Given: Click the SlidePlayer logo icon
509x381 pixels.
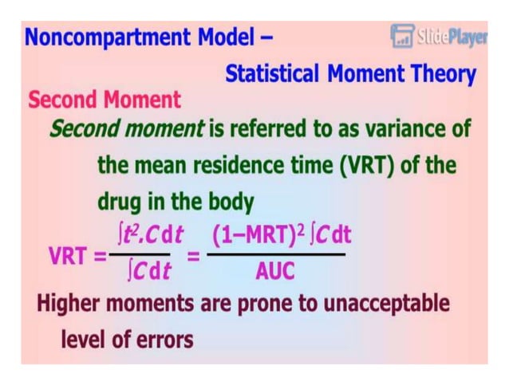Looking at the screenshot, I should pyautogui.click(x=401, y=35).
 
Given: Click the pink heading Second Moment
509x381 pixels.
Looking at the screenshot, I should pyautogui.click(x=105, y=100).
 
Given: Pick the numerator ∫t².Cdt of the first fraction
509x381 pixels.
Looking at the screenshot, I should pyautogui.click(x=149, y=234).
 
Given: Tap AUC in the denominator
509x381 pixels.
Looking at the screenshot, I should pyautogui.click(x=274, y=272).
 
